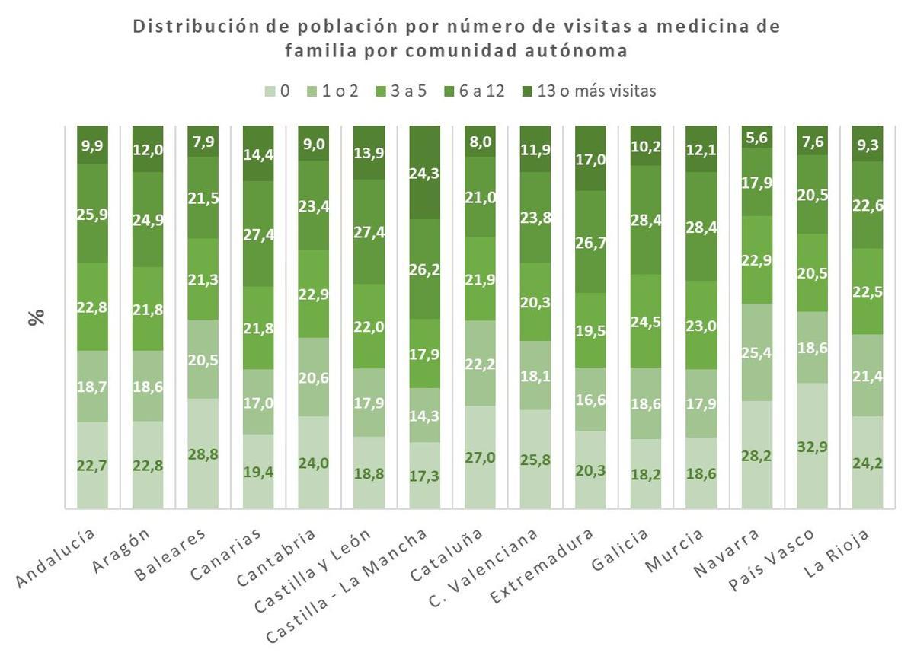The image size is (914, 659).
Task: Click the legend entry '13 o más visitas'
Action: [x=596, y=91]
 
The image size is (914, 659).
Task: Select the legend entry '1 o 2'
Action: [x=340, y=91]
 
